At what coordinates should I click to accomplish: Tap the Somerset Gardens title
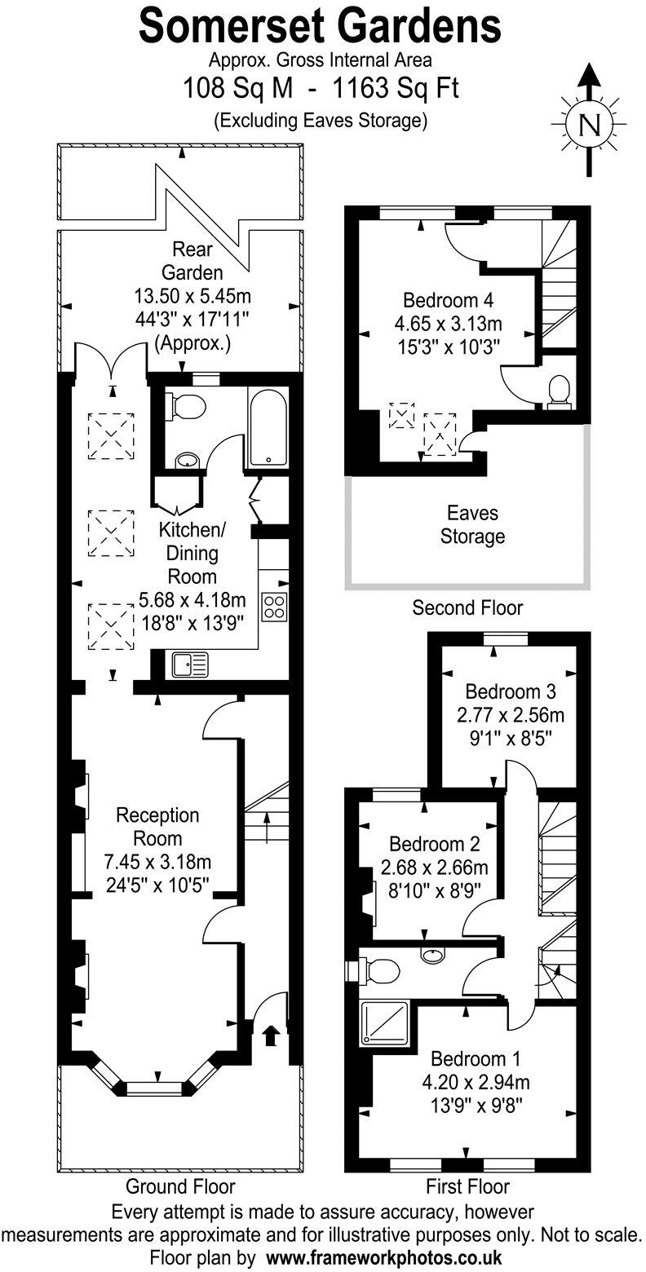coord(320,26)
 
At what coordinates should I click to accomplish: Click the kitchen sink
coord(189,665)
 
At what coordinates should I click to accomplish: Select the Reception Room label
coord(157,826)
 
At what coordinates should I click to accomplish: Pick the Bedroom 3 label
coord(511,691)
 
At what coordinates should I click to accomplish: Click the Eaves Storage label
coord(472,525)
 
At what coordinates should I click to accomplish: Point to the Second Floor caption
coord(467,607)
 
